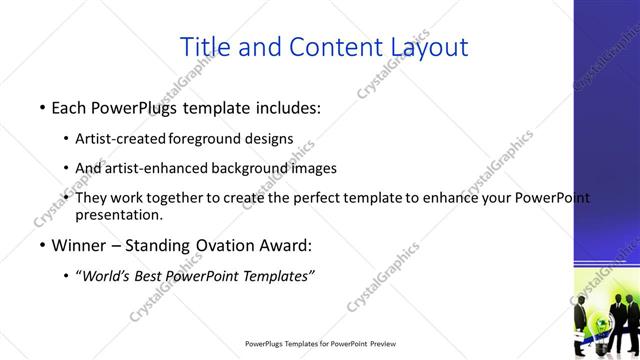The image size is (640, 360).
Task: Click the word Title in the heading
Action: (203, 46)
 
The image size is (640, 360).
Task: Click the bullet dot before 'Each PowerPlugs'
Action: (41, 106)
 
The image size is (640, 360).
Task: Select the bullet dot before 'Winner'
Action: (41, 246)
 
